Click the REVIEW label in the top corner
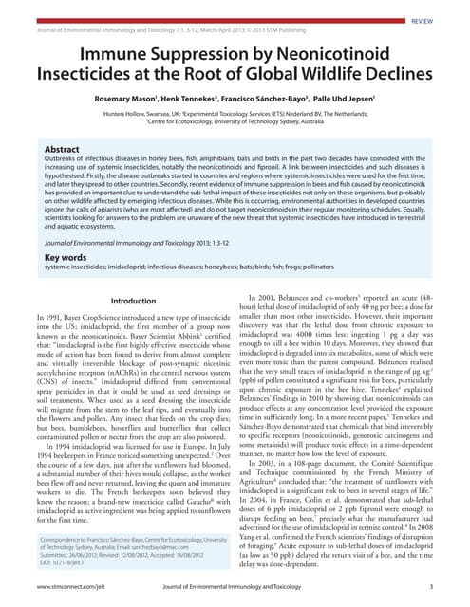(x=423, y=19)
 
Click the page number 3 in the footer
(x=431, y=588)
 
